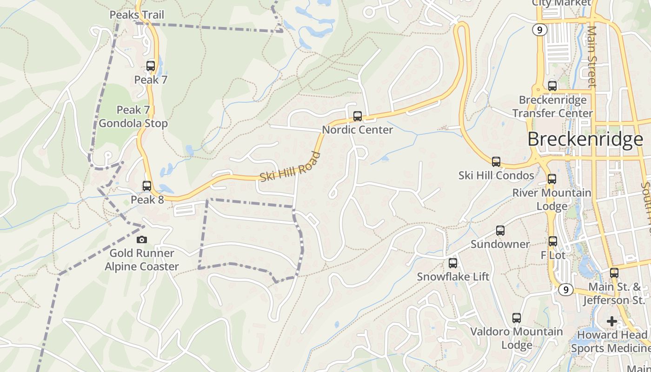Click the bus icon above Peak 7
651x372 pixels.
pos(151,66)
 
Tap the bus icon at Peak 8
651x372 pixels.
pos(147,186)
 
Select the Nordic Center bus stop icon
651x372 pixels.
pos(358,116)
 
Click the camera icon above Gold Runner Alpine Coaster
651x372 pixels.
pos(142,239)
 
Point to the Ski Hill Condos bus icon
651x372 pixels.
pos(496,162)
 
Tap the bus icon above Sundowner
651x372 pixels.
pos(500,231)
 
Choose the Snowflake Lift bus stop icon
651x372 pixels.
pos(453,263)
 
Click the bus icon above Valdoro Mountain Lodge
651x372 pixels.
pos(517,318)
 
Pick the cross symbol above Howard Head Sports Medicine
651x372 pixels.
pos(612,321)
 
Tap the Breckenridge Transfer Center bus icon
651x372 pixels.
pos(552,86)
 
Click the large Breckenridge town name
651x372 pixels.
pos(585,139)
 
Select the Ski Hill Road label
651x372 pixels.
pos(290,166)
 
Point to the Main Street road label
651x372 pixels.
pos(591,56)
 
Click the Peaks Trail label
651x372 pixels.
pos(137,15)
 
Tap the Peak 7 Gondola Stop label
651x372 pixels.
pos(133,117)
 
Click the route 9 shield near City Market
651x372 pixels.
pos(539,30)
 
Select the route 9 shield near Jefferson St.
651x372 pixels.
pos(565,290)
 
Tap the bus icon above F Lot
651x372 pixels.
pos(552,241)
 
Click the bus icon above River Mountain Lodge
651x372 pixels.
pos(552,179)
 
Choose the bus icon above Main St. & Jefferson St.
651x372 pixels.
pos(614,273)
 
